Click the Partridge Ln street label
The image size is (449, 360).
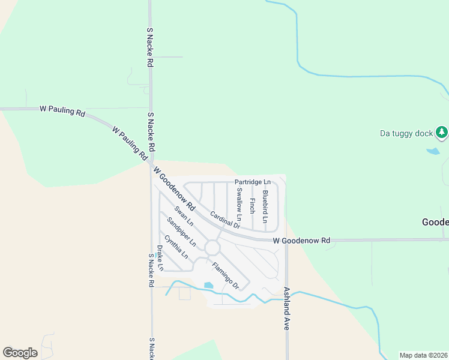click(253, 182)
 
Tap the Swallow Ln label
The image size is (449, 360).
click(239, 203)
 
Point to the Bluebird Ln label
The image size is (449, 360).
click(265, 205)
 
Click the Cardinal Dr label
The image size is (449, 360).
click(225, 220)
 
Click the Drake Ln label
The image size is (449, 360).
click(160, 258)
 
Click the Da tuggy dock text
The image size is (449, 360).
click(406, 133)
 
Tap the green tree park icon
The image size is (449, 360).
click(442, 131)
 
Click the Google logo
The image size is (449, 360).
click(20, 353)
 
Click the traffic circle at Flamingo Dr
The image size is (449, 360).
click(212, 247)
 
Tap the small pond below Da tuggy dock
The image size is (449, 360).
click(433, 151)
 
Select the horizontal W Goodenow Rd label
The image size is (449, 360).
click(301, 241)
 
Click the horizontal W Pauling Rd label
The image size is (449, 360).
click(62, 109)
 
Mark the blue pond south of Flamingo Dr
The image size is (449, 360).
click(208, 286)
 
